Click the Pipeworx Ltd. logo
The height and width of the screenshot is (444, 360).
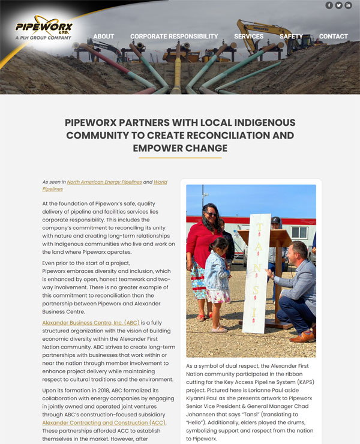click(x=44, y=28)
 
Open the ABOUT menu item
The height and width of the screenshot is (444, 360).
click(x=103, y=37)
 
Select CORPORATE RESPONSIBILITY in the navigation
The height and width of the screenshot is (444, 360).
click(x=174, y=37)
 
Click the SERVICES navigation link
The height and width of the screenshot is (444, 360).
click(x=248, y=37)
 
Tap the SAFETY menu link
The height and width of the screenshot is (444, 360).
click(x=291, y=37)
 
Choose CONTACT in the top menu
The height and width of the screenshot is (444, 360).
click(x=333, y=37)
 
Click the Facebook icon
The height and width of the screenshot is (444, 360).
click(x=329, y=5)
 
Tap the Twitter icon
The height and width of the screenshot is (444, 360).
click(x=338, y=5)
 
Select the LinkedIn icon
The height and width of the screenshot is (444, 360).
click(x=349, y=5)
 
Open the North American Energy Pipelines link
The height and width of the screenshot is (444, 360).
click(x=104, y=182)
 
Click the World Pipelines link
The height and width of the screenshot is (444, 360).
click(x=160, y=182)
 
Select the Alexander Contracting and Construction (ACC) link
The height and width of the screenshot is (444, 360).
click(x=104, y=423)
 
